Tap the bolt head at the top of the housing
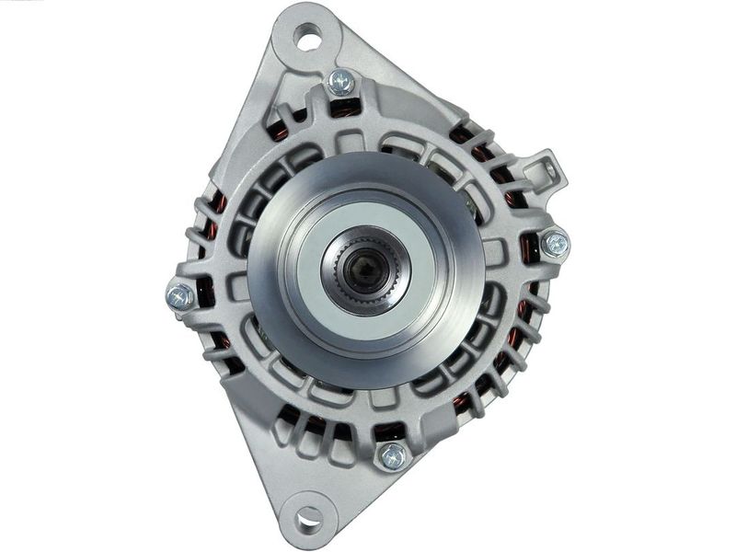coord(340,82)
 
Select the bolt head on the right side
coord(555,244)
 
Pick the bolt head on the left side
coord(180,295)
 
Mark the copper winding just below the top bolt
coord(344,109)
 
